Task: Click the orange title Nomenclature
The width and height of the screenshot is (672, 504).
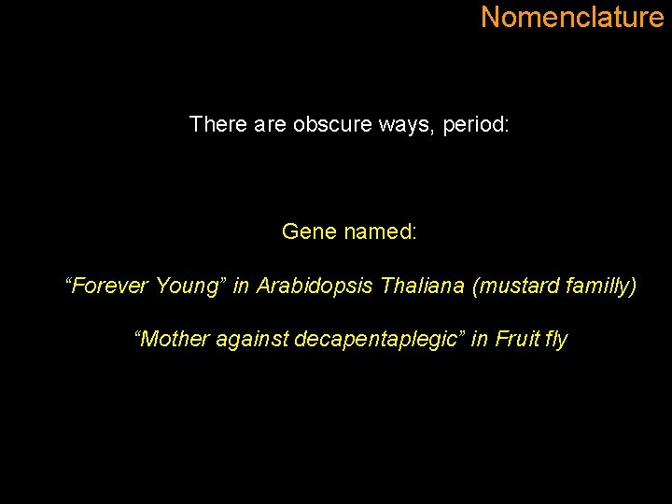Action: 572,17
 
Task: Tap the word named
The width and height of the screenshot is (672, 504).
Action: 380,231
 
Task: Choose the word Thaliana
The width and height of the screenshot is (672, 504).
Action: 423,286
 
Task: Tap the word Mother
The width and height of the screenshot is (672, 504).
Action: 174,340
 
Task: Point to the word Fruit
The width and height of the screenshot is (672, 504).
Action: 517,340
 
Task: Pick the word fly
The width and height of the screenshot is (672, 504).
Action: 557,340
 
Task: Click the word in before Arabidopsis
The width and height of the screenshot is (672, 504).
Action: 241,286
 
